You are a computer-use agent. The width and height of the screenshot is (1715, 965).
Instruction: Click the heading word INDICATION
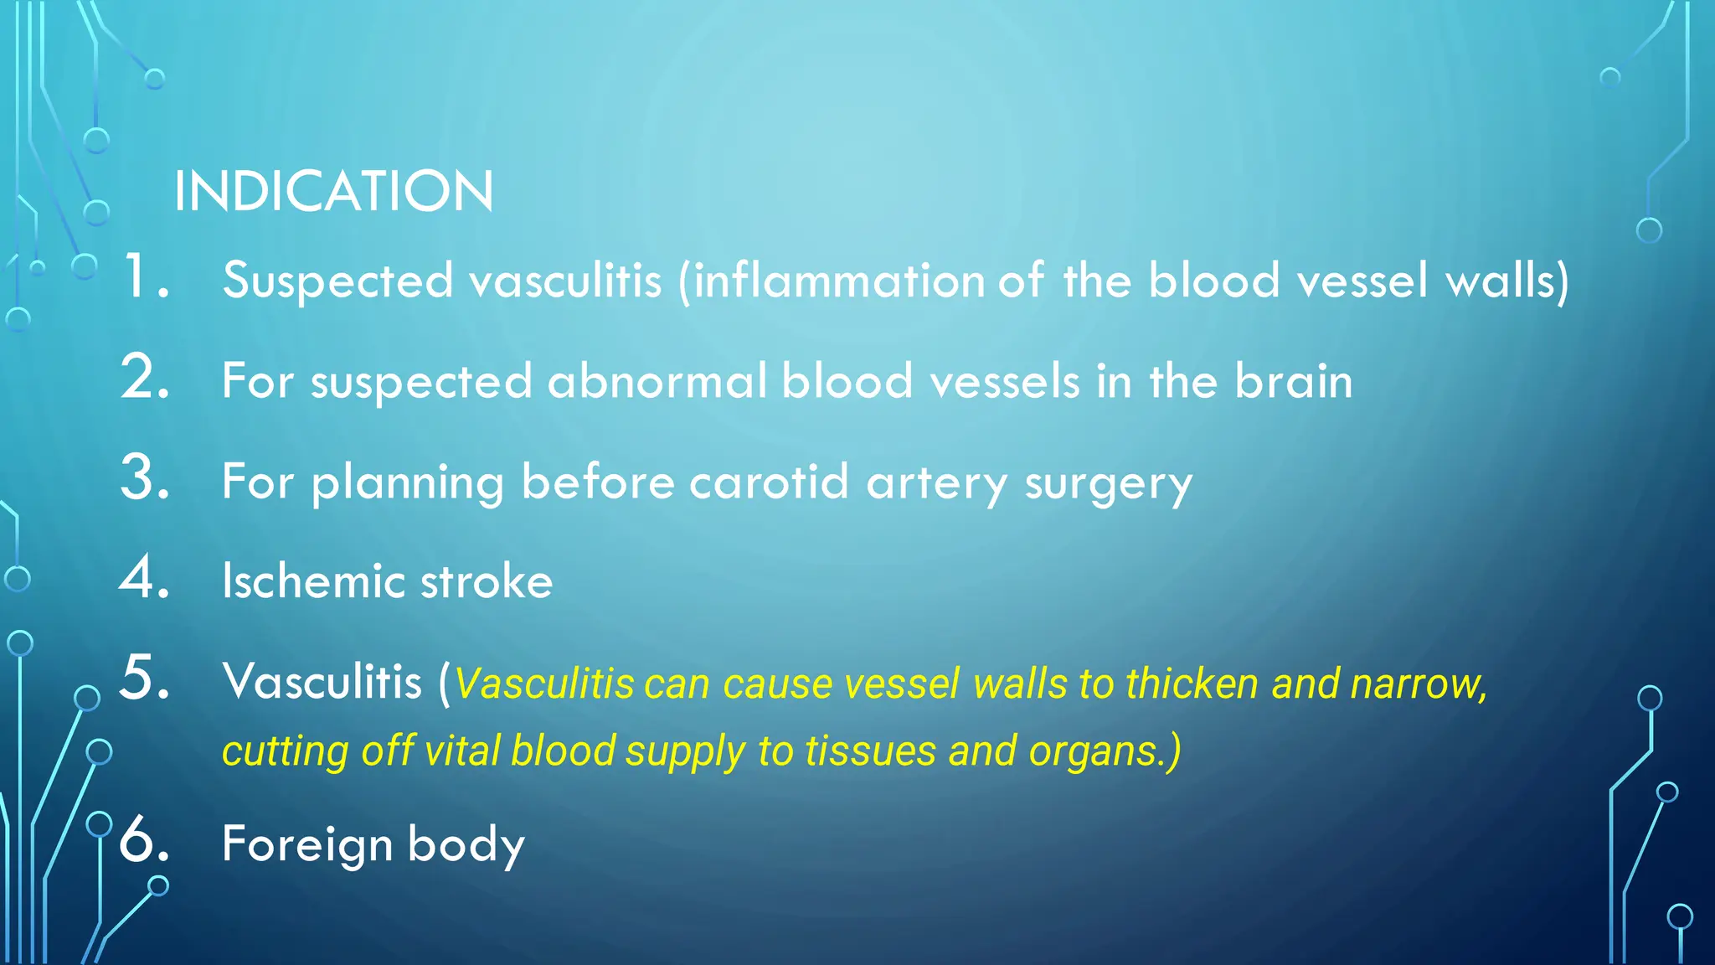333,192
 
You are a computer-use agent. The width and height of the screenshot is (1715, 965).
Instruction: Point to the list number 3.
144,479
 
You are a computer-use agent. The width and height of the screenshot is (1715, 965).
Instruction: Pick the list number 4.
144,579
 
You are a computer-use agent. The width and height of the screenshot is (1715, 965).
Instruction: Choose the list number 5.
144,678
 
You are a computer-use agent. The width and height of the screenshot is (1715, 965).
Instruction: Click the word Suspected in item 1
337,281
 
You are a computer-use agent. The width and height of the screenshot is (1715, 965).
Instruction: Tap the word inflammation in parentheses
840,281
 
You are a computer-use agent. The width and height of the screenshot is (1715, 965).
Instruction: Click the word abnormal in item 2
657,382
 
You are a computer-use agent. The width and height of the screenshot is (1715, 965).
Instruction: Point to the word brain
1293,382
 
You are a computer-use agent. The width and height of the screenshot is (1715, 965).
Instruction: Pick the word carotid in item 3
769,482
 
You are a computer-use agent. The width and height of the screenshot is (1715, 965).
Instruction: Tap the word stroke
486,581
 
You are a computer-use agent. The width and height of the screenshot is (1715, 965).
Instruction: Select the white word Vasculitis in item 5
322,681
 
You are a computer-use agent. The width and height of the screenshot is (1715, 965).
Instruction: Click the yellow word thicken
1192,684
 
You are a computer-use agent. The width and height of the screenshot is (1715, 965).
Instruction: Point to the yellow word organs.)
1105,751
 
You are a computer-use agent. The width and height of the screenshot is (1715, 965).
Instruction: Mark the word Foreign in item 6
307,844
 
